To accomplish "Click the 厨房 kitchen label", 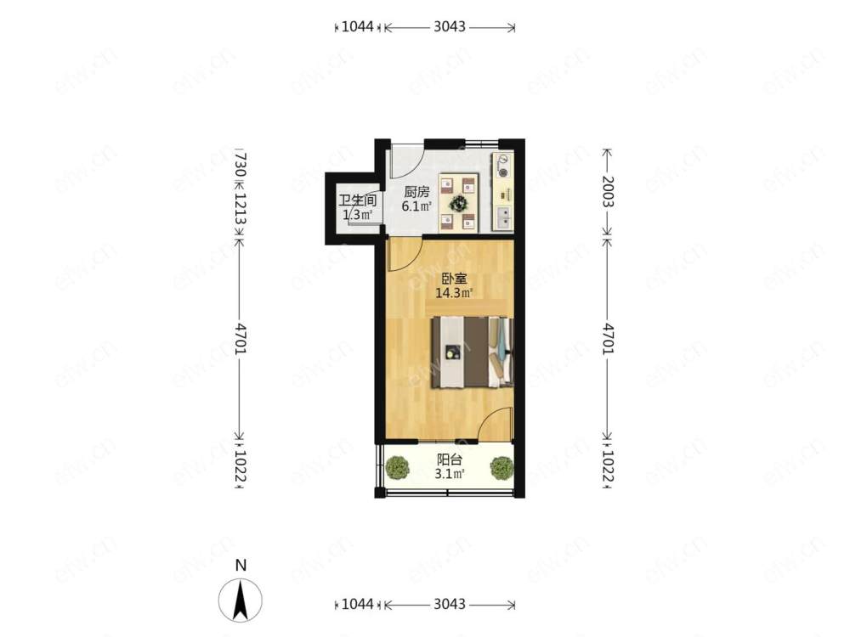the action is pos(416,192).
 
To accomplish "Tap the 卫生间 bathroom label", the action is pos(357,200).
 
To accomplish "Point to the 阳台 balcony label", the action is pos(450,460).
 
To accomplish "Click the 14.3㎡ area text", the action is pos(454,294).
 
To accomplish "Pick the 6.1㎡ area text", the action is pos(416,206).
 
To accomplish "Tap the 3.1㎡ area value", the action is pos(450,475).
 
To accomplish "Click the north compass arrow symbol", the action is pos(241,600).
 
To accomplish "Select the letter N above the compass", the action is pos(241,565).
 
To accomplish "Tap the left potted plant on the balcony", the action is pos(399,467).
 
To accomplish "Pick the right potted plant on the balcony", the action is pos(501,467).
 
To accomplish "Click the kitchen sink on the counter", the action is pos(504,217).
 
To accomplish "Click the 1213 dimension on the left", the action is pos(241,209).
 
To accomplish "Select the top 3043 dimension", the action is pos(450,26).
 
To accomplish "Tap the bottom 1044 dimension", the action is pos(358,604).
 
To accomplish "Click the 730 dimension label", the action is pos(241,164).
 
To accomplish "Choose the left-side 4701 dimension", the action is pos(241,339).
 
